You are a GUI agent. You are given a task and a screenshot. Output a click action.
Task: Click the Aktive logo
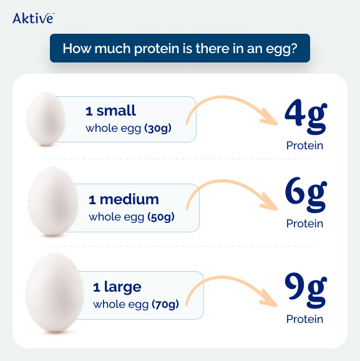tap(32, 18)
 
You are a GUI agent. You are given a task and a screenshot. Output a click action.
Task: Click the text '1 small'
tap(110, 112)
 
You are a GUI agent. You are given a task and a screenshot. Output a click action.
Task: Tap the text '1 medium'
tap(124, 200)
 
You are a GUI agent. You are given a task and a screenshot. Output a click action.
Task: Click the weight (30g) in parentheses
tap(158, 129)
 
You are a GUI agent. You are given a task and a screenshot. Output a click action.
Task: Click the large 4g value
tap(305, 116)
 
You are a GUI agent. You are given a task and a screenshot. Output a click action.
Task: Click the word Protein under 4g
tap(305, 146)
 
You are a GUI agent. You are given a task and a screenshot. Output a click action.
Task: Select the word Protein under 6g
tap(305, 224)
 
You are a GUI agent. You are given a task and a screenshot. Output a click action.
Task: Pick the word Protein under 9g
tap(305, 319)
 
